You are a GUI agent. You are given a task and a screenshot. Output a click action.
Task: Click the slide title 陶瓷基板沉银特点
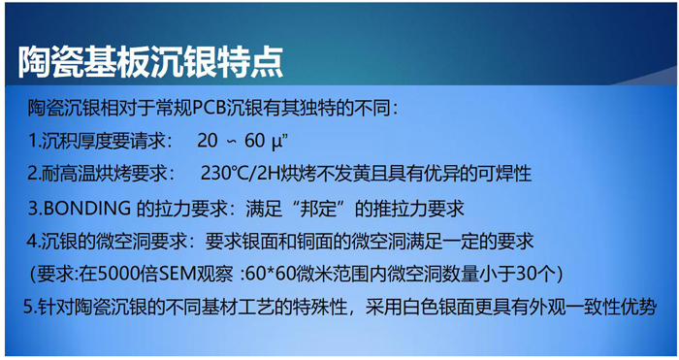coord(149,60)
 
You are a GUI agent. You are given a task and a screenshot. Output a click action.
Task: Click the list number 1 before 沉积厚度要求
coord(32,141)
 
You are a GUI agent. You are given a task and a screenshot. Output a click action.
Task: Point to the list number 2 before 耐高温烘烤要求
coord(32,175)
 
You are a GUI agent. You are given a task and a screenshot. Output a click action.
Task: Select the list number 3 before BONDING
coord(32,208)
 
